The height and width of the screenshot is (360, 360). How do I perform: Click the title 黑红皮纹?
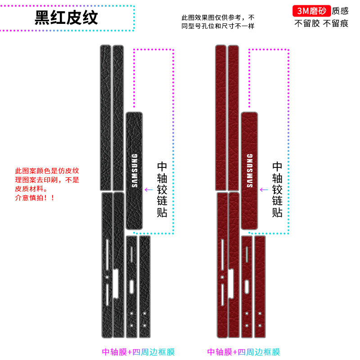pyautogui.click(x=67, y=18)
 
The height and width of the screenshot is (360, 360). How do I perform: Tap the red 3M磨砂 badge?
pyautogui.click(x=312, y=10)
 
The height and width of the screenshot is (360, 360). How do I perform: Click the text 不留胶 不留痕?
pyautogui.click(x=321, y=23)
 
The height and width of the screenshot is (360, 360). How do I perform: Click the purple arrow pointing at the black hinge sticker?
pyautogui.click(x=148, y=189)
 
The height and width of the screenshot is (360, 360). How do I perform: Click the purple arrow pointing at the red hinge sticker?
pyautogui.click(x=264, y=189)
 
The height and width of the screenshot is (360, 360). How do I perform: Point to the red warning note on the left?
pyautogui.click(x=47, y=184)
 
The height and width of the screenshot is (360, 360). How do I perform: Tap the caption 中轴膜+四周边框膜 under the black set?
pyautogui.click(x=138, y=352)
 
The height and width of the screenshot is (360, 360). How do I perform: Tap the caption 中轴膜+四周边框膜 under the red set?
pyautogui.click(x=243, y=352)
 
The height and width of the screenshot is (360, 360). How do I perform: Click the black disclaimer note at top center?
pyautogui.click(x=218, y=22)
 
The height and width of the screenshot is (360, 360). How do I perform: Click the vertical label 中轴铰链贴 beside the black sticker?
pyautogui.click(x=162, y=189)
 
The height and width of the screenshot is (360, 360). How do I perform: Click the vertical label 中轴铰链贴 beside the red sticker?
pyautogui.click(x=278, y=189)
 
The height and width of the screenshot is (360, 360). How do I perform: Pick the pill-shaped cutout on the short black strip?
pyautogui.click(x=131, y=286)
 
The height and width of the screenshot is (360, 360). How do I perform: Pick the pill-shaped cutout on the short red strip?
pyautogui.click(x=247, y=286)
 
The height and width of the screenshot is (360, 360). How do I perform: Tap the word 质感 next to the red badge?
pyautogui.click(x=340, y=10)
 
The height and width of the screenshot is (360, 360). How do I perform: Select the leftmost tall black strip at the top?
pyautogui.click(x=105, y=117)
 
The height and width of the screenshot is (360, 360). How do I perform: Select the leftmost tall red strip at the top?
pyautogui.click(x=220, y=117)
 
